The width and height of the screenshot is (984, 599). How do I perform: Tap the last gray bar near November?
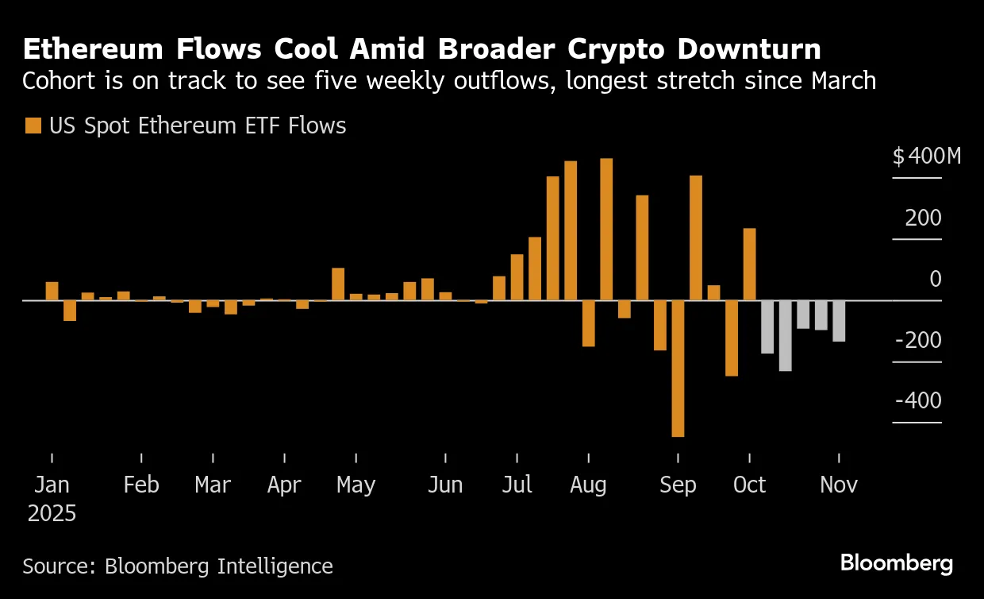[839, 321]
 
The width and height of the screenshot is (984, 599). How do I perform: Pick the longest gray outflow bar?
[785, 335]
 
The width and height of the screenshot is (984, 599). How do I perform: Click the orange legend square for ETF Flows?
[33, 126]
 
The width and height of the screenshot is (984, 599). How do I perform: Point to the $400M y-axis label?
[926, 157]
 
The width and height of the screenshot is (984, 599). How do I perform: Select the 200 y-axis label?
[924, 218]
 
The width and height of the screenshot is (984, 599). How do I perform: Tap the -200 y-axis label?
[918, 340]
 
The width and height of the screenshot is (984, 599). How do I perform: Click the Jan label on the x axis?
[52, 485]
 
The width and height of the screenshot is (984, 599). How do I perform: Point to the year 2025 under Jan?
[52, 513]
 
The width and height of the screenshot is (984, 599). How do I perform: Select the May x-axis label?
[356, 485]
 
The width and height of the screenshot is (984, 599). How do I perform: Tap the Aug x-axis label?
[588, 485]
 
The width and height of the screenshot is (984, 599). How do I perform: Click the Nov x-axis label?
[839, 485]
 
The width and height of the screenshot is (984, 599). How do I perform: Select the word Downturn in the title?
[749, 49]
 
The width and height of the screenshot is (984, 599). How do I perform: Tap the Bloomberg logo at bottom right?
[897, 563]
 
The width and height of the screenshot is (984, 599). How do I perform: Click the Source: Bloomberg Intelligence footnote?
[178, 566]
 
